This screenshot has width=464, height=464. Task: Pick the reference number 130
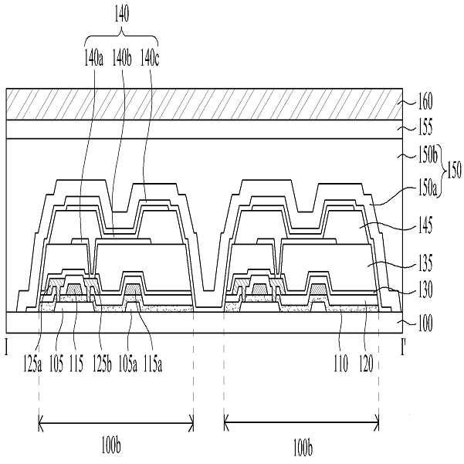coord(423,293)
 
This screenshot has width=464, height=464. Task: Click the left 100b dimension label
coord(116,446)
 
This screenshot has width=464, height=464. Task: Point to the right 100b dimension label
coord(301,446)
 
